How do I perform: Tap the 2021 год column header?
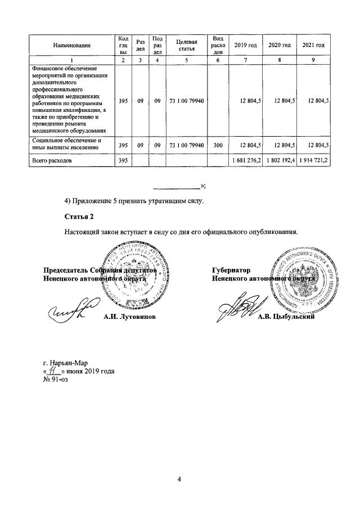pyautogui.click(x=313, y=44)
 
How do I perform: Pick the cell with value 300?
pyautogui.click(x=218, y=145)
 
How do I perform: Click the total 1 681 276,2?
pyautogui.click(x=246, y=161)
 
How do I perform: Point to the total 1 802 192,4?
pyautogui.click(x=280, y=161)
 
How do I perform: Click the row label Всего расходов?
pyautogui.click(x=52, y=161)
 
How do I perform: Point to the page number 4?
pyautogui.click(x=179, y=479)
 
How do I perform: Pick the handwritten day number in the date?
pyautogui.click(x=54, y=371)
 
